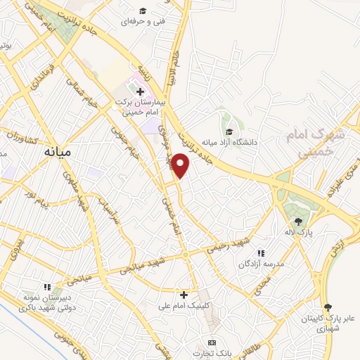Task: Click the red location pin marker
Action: pyautogui.click(x=181, y=165)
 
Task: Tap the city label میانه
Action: pyautogui.click(x=58, y=150)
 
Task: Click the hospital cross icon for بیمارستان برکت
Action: pyautogui.click(x=140, y=91)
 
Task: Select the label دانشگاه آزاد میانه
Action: pyautogui.click(x=229, y=141)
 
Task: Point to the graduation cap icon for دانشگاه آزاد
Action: pyautogui.click(x=229, y=130)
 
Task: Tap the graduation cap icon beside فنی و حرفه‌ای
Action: pyautogui.click(x=143, y=10)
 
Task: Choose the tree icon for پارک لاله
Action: pyautogui.click(x=299, y=221)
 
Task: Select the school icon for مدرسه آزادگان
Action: pyautogui.click(x=261, y=253)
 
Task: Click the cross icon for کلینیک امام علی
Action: pyautogui.click(x=184, y=294)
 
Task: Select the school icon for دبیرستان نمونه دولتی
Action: pyautogui.click(x=47, y=287)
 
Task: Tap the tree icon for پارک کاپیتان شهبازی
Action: pyautogui.click(x=328, y=307)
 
